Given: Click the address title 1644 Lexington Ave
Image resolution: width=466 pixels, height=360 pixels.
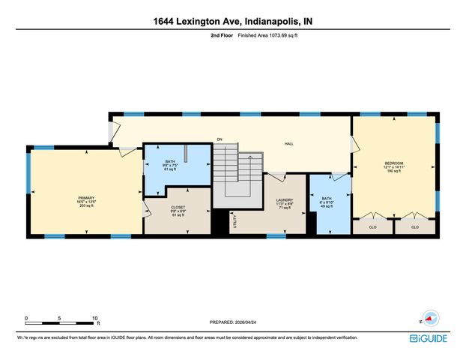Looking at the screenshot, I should (x=233, y=22).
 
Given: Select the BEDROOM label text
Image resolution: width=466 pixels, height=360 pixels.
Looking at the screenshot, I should (x=394, y=163).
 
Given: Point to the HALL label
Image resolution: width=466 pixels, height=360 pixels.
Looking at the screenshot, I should (x=288, y=143).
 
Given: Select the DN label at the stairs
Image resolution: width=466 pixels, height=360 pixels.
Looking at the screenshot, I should (x=220, y=139).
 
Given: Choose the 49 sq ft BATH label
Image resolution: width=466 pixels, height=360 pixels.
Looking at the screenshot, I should (x=327, y=199).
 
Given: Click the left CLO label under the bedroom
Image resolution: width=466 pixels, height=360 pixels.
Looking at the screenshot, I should (x=373, y=226).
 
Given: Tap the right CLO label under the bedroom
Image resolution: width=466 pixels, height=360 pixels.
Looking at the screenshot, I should (x=414, y=226).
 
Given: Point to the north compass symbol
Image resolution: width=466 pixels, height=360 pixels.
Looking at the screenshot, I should (x=429, y=318).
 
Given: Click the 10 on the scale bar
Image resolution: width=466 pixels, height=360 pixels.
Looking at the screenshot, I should (x=94, y=318).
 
